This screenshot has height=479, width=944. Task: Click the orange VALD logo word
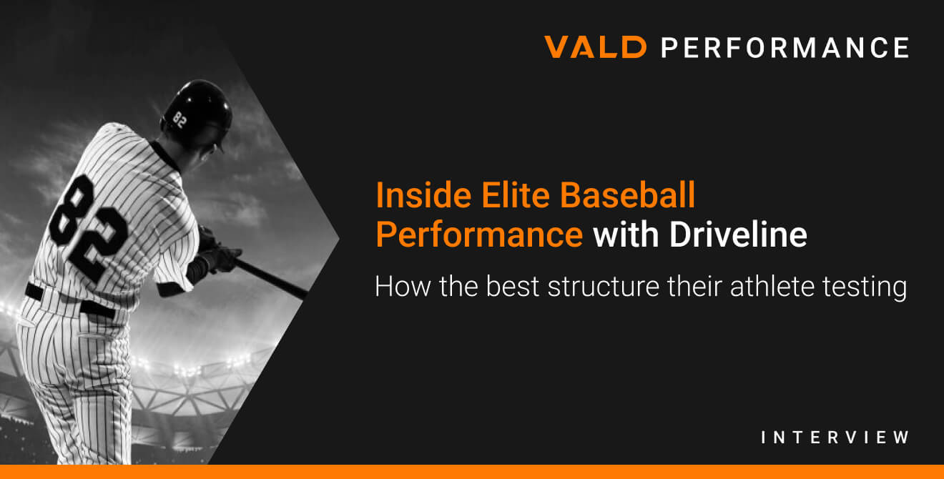tap(595, 47)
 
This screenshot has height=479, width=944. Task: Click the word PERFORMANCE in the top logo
tap(785, 47)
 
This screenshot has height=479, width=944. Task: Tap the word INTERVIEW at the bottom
tap(835, 437)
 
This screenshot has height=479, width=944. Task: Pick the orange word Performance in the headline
tap(479, 235)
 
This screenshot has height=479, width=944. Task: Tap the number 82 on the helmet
tap(180, 120)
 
